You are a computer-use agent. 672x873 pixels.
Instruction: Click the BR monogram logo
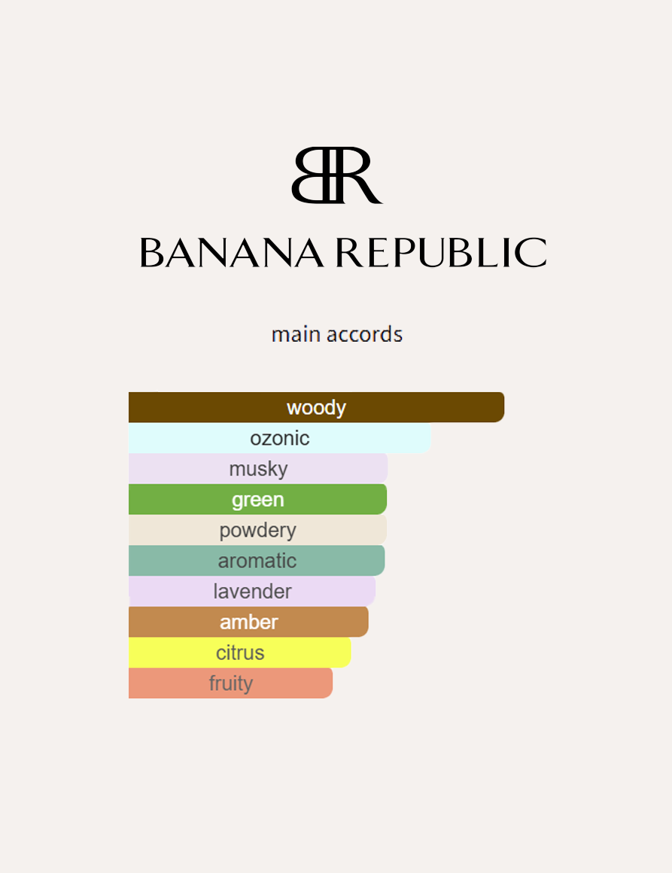click(336, 175)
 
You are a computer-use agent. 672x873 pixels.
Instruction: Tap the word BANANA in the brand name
click(232, 253)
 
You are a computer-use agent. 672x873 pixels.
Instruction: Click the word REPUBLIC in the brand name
click(441, 253)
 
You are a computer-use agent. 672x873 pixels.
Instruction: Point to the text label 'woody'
click(316, 408)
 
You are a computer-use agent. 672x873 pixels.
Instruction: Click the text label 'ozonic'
click(279, 438)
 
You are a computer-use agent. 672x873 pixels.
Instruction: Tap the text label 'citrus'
click(240, 652)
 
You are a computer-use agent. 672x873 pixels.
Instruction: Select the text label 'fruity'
click(230, 683)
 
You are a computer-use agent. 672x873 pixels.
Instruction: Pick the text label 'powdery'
click(257, 530)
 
